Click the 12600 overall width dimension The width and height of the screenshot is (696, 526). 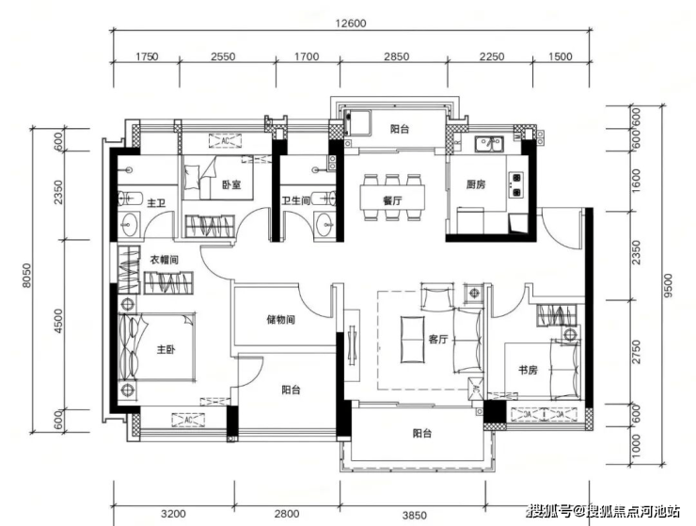[351, 24]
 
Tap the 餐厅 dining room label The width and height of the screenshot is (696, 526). [392, 200]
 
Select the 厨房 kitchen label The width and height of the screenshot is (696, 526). [475, 184]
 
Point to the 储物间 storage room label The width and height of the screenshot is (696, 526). [280, 319]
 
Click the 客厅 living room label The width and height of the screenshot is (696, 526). [438, 340]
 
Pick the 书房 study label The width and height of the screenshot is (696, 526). [529, 370]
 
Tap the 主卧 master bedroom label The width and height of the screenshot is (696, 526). [166, 350]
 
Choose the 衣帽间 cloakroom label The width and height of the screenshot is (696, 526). [164, 260]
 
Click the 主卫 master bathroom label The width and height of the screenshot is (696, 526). [156, 203]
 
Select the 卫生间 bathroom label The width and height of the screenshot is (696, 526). [295, 200]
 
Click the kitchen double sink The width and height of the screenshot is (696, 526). [489, 144]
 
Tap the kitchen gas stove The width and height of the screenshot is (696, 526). [516, 184]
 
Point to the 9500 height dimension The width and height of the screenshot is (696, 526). [669, 285]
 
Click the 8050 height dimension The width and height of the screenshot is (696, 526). [26, 276]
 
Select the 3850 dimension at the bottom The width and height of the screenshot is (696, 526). [415, 516]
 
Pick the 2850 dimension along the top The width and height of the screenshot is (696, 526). [396, 56]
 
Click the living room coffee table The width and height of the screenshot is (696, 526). [412, 339]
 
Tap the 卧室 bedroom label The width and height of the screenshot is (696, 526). [231, 183]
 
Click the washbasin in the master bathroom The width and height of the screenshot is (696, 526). [130, 225]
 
